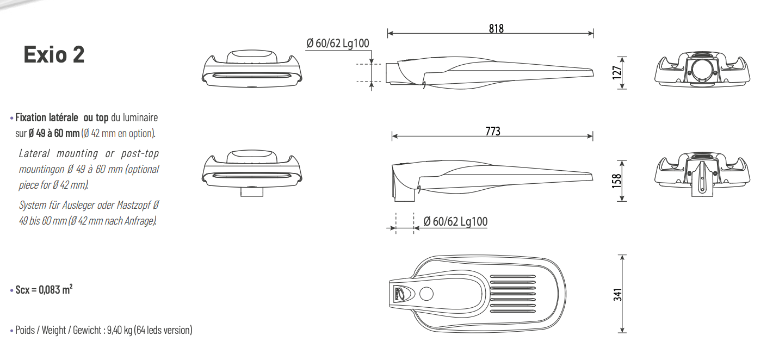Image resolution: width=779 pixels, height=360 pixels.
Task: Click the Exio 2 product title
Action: pos(54,54)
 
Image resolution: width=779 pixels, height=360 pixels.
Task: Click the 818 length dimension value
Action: pos(496,28)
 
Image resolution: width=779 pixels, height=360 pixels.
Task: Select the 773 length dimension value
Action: pos(493,131)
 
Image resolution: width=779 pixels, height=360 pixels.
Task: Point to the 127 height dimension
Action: pos(616,73)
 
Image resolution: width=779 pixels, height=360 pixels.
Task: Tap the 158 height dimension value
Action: pos(616,181)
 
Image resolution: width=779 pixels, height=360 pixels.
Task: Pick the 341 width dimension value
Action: pos(617,294)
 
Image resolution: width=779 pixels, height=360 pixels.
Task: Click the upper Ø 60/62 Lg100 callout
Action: pos(337,44)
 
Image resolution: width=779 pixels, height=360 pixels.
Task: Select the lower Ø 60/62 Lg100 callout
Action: pos(455,221)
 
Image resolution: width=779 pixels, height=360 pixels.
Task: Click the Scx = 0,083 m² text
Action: pos(44,289)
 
